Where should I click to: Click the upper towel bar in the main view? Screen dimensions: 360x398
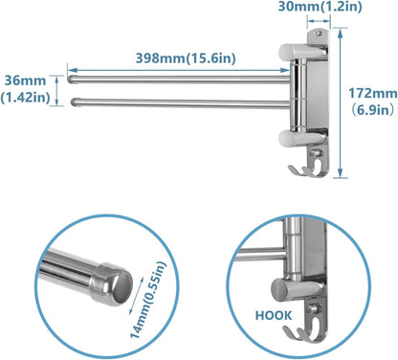pyautogui.click(x=172, y=72)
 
